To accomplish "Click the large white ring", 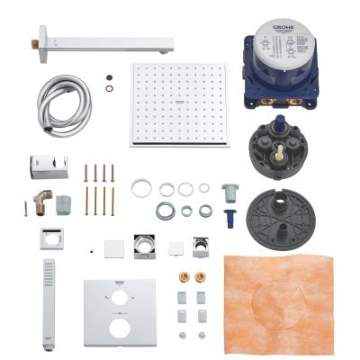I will (141, 188).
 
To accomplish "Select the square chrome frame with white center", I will (51, 239).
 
